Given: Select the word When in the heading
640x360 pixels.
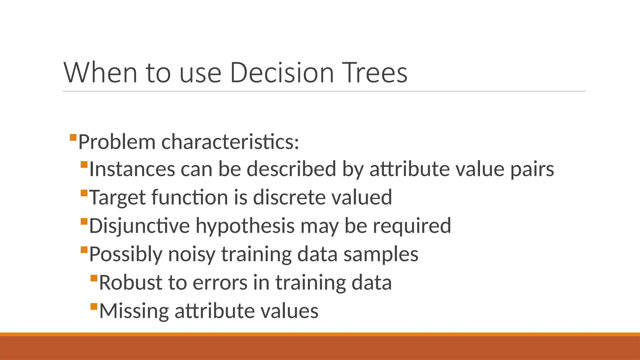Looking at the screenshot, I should click(100, 72).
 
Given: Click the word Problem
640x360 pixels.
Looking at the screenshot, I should click(117, 142).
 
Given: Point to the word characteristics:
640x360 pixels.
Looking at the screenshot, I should click(230, 142).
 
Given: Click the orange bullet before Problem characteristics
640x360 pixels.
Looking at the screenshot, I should click(73, 137).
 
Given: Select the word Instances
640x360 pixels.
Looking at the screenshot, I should click(132, 169).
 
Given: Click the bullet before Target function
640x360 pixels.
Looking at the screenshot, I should click(84, 193).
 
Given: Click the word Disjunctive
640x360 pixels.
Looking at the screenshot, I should click(139, 226).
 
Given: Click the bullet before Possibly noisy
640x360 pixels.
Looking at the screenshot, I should click(84, 250).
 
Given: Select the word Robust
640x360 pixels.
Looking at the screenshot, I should click(131, 282).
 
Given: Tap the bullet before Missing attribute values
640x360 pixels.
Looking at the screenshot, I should click(94, 306).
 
